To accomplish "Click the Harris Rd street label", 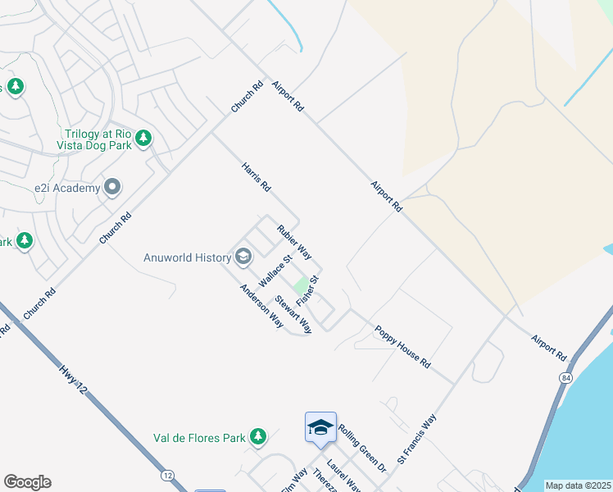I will [x=256, y=177].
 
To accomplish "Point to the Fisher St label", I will [x=306, y=291].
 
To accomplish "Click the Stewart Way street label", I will [x=293, y=314].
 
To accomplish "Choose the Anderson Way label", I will [x=261, y=306].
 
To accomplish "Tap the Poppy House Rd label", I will [x=402, y=345].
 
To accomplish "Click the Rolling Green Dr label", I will [x=361, y=448].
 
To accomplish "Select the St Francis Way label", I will [x=417, y=440].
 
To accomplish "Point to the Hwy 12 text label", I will [x=73, y=384].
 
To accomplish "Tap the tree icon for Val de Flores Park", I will [x=259, y=436].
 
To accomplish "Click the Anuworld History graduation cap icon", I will [x=243, y=257].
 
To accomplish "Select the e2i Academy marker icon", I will [x=113, y=188].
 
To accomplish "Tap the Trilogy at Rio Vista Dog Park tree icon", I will [x=144, y=138].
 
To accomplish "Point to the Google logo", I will [x=27, y=482].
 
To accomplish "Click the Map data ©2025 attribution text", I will [x=577, y=485].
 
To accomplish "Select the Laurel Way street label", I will [x=344, y=476].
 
